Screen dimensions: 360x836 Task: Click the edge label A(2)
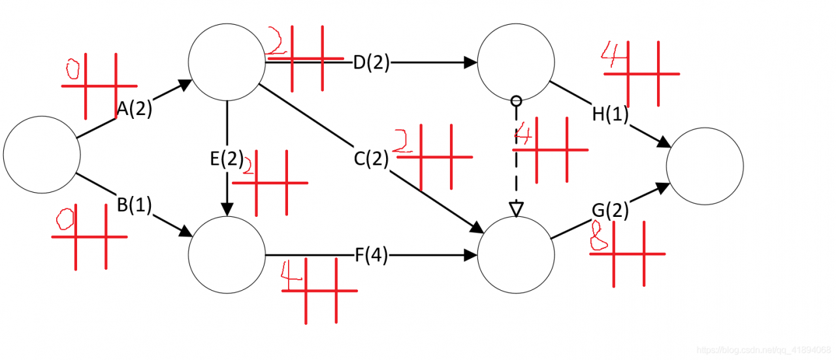pyautogui.click(x=135, y=110)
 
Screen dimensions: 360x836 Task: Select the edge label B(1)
pyautogui.click(x=135, y=205)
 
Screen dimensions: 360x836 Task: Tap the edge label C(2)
pyautogui.click(x=371, y=159)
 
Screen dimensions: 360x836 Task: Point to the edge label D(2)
pyautogui.click(x=371, y=63)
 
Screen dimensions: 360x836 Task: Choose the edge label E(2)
pyautogui.click(x=227, y=159)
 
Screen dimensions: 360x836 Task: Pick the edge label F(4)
pyautogui.click(x=371, y=256)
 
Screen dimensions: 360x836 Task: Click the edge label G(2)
pyautogui.click(x=610, y=210)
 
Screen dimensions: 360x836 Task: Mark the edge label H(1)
pyautogui.click(x=610, y=114)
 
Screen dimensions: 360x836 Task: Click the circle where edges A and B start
pyautogui.click(x=42, y=155)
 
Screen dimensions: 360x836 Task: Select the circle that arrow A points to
pyautogui.click(x=227, y=63)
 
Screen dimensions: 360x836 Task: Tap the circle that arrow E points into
pyautogui.click(x=227, y=255)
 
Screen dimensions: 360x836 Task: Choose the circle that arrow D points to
pyautogui.click(x=516, y=63)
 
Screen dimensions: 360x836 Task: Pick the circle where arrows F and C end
pyautogui.click(x=516, y=255)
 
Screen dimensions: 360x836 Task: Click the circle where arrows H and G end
pyautogui.click(x=705, y=165)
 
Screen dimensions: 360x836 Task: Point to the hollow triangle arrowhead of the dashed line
pyautogui.click(x=516, y=210)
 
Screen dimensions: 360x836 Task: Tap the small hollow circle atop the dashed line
pyautogui.click(x=516, y=101)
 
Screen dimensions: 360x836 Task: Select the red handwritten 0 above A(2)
pyautogui.click(x=72, y=68)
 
